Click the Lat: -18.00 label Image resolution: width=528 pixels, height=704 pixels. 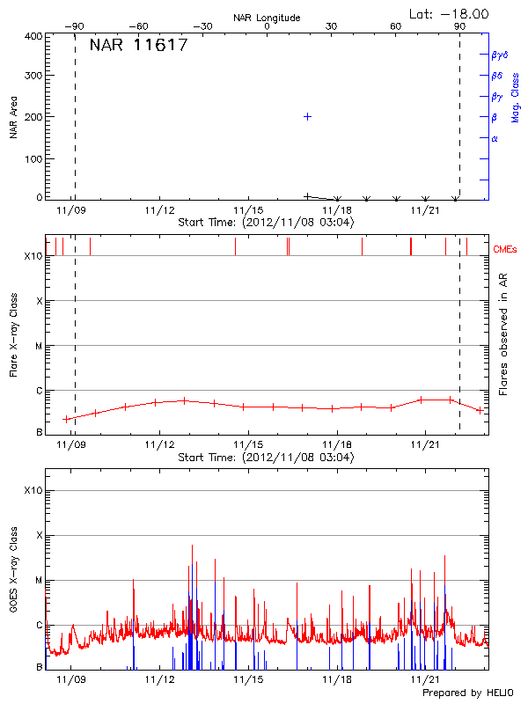coord(449,13)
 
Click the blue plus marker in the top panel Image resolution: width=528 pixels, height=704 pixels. coord(307,116)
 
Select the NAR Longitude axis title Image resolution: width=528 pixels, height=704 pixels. coord(267,17)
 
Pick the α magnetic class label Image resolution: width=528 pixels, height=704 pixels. coord(495,138)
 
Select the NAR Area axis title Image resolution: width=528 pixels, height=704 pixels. coord(13,118)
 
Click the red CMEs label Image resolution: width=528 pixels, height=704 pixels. coord(505,251)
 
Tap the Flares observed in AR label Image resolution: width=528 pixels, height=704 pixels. coord(503,334)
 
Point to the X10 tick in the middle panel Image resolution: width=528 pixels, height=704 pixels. coord(33,256)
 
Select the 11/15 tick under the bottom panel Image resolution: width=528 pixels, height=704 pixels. coord(248,679)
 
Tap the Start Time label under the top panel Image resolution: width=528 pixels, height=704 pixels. coord(266,223)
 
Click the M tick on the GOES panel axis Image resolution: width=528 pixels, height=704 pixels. coord(39,580)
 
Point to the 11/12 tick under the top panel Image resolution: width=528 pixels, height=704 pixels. coord(159,210)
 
